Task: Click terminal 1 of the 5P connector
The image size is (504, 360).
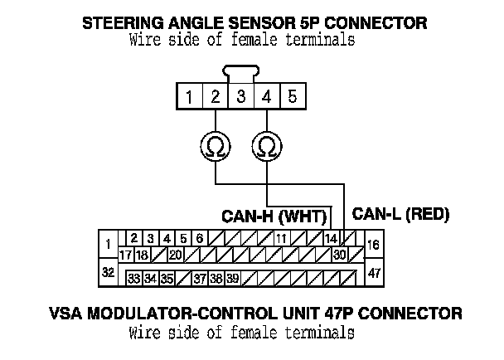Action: click(190, 97)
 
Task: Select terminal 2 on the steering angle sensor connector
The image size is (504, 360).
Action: click(216, 97)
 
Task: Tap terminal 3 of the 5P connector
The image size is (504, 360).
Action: click(241, 97)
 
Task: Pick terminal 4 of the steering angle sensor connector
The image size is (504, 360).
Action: click(267, 97)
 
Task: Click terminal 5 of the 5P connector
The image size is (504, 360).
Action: click(293, 97)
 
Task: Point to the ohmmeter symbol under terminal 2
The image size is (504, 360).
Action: click(215, 147)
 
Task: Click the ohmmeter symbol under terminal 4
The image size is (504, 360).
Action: click(267, 147)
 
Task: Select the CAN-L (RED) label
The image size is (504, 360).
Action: click(400, 214)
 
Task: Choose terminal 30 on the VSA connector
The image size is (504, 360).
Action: click(339, 254)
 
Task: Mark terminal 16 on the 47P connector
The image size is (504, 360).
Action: click(373, 245)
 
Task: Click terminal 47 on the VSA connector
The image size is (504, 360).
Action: click(373, 272)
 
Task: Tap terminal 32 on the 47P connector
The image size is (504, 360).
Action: click(108, 272)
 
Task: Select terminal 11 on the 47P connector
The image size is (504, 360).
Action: click(281, 239)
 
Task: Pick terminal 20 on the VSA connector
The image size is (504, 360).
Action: click(175, 254)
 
